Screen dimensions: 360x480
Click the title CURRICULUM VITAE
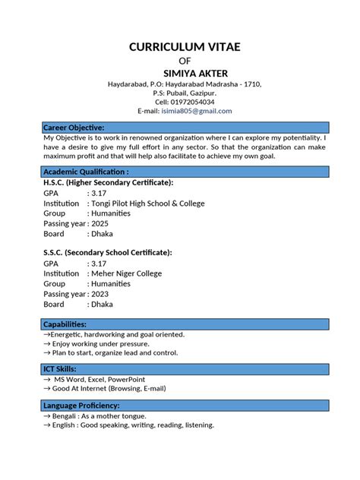click(185, 47)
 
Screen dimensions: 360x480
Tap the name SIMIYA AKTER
click(185, 73)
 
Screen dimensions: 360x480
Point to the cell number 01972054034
click(194, 102)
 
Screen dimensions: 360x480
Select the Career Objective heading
click(74, 127)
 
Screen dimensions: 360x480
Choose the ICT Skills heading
click(60, 368)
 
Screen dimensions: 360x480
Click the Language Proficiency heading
click(81, 406)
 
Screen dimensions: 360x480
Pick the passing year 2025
click(101, 223)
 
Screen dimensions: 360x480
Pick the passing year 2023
click(101, 294)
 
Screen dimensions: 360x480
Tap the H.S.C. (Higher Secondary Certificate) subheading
click(108, 183)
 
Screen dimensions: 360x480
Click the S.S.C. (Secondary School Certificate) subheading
click(107, 252)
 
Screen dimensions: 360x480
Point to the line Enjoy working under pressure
click(98, 343)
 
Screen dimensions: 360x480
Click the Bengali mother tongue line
click(109, 416)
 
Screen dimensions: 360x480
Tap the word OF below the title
click(185, 61)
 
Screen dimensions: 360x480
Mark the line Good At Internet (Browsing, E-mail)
click(109, 388)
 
